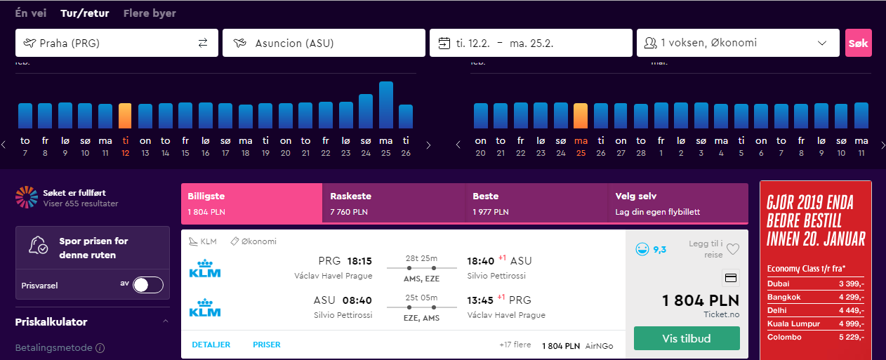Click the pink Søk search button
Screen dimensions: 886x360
click(x=859, y=43)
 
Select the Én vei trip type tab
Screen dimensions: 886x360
click(x=31, y=13)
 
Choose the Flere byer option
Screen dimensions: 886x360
click(x=150, y=13)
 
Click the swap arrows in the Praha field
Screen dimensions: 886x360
click(x=203, y=43)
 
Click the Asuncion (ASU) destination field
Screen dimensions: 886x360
click(x=324, y=43)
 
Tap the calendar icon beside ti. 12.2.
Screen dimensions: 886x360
click(x=444, y=43)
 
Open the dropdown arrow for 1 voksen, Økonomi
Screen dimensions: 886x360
click(x=822, y=43)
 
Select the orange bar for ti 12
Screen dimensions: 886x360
click(x=125, y=116)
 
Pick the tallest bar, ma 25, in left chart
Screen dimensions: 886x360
click(x=386, y=105)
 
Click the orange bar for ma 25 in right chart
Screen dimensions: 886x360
click(x=581, y=116)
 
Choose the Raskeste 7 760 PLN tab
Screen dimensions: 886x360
click(x=394, y=203)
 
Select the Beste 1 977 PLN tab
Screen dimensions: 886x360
click(x=536, y=203)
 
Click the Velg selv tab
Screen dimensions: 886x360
click(x=677, y=203)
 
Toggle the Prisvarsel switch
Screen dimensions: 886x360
click(x=148, y=285)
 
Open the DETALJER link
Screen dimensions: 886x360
click(x=211, y=345)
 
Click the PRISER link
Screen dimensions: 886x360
click(x=267, y=345)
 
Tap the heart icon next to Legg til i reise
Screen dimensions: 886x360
click(x=733, y=249)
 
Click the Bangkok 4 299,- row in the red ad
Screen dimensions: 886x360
click(x=816, y=297)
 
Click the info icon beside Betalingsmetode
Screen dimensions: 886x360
click(x=100, y=348)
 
